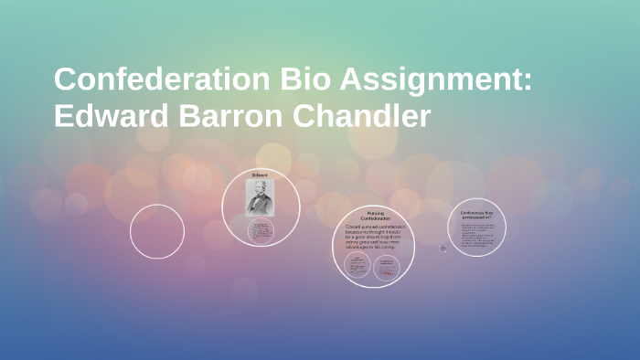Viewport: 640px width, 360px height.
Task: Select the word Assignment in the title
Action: point(430,81)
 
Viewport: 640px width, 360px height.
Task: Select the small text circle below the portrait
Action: point(260,231)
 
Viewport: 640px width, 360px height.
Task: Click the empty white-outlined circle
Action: point(157,231)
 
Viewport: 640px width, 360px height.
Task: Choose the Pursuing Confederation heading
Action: point(372,216)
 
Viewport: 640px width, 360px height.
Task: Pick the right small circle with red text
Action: point(387,267)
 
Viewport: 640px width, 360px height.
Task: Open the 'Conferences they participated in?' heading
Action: point(476,215)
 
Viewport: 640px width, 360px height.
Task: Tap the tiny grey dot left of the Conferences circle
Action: point(443,248)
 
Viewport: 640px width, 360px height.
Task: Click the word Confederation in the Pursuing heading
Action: point(372,218)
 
